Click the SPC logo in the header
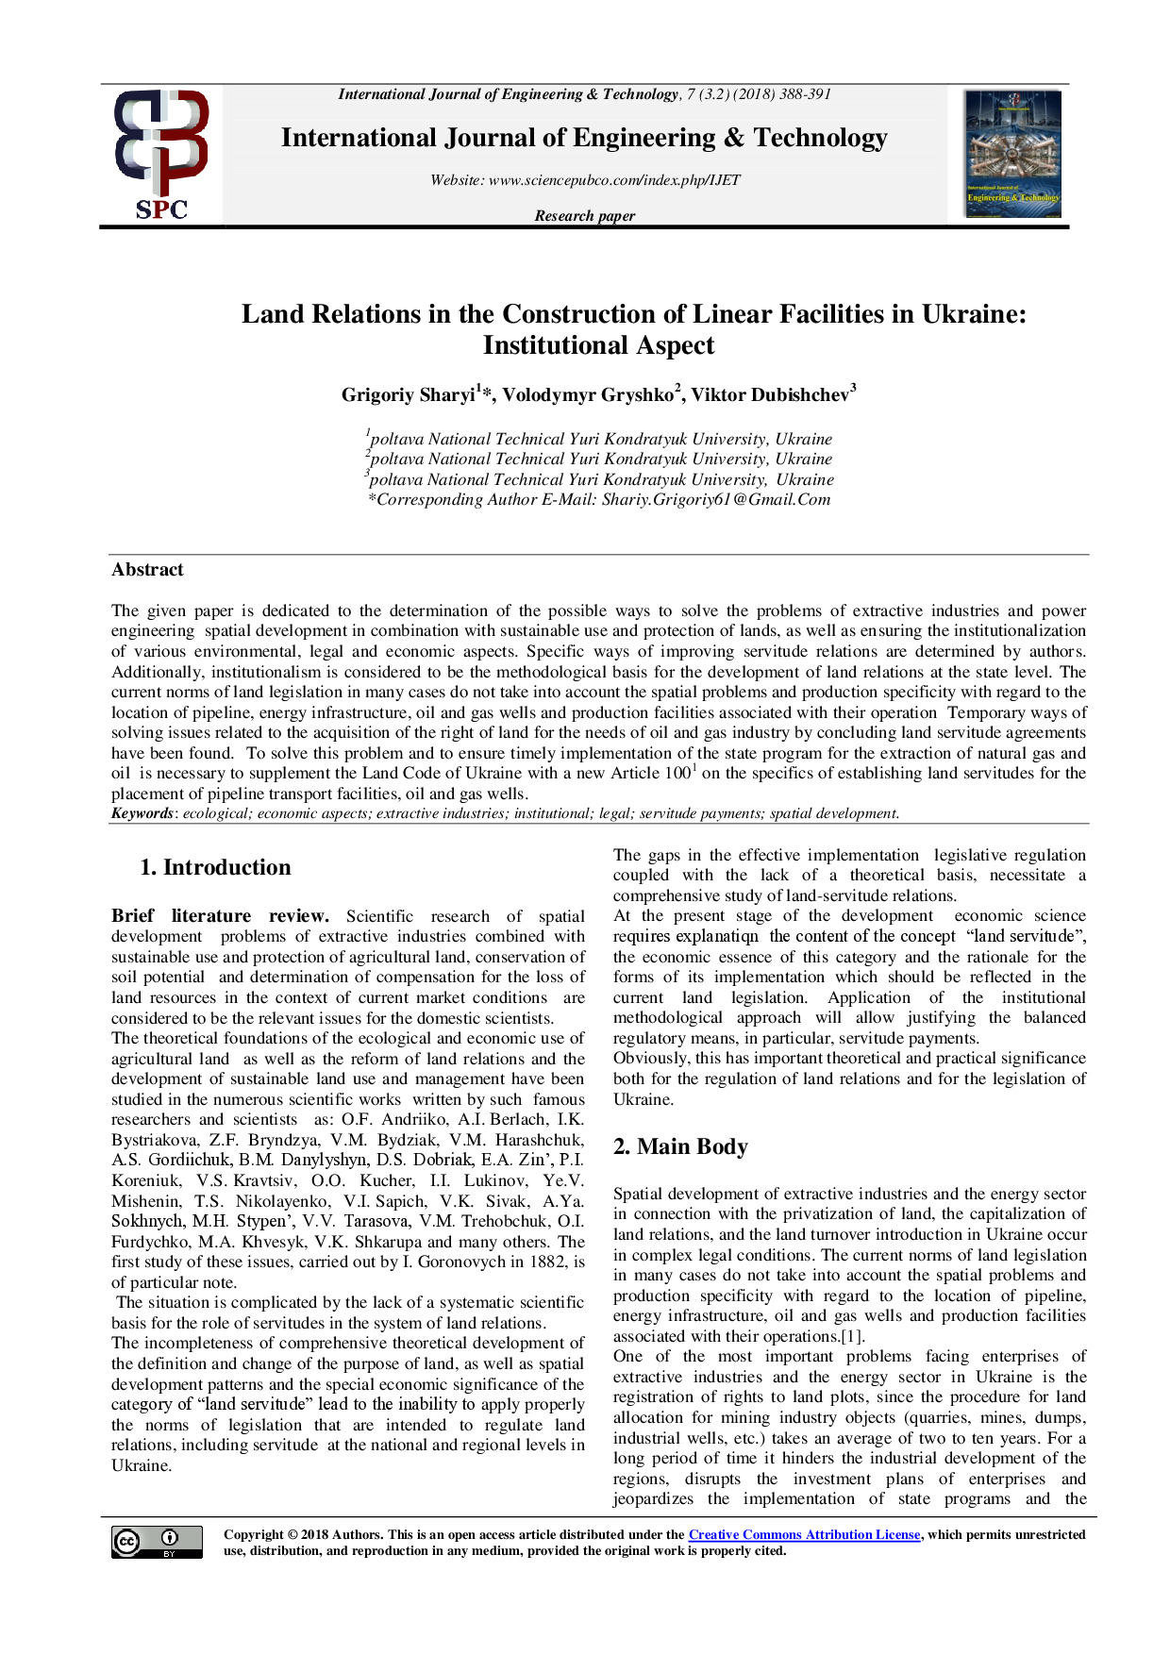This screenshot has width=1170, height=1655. [160, 155]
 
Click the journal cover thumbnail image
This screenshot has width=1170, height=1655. [1012, 154]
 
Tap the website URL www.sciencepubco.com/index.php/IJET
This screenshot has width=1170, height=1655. [614, 180]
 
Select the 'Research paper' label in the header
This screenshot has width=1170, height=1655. [584, 216]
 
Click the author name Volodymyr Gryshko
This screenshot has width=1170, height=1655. [587, 395]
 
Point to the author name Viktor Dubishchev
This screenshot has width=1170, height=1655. [770, 395]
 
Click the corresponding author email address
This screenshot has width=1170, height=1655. [716, 500]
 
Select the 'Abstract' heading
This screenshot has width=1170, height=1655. [147, 570]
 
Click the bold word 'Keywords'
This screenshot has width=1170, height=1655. [142, 813]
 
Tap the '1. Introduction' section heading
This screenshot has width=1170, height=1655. [215, 867]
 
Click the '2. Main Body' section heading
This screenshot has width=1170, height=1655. [679, 1146]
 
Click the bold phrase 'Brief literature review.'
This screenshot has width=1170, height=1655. [220, 916]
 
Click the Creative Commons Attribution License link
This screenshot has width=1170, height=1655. [804, 1535]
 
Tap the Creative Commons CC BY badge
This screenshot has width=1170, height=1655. [157, 1542]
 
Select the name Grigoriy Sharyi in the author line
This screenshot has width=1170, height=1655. [408, 395]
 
